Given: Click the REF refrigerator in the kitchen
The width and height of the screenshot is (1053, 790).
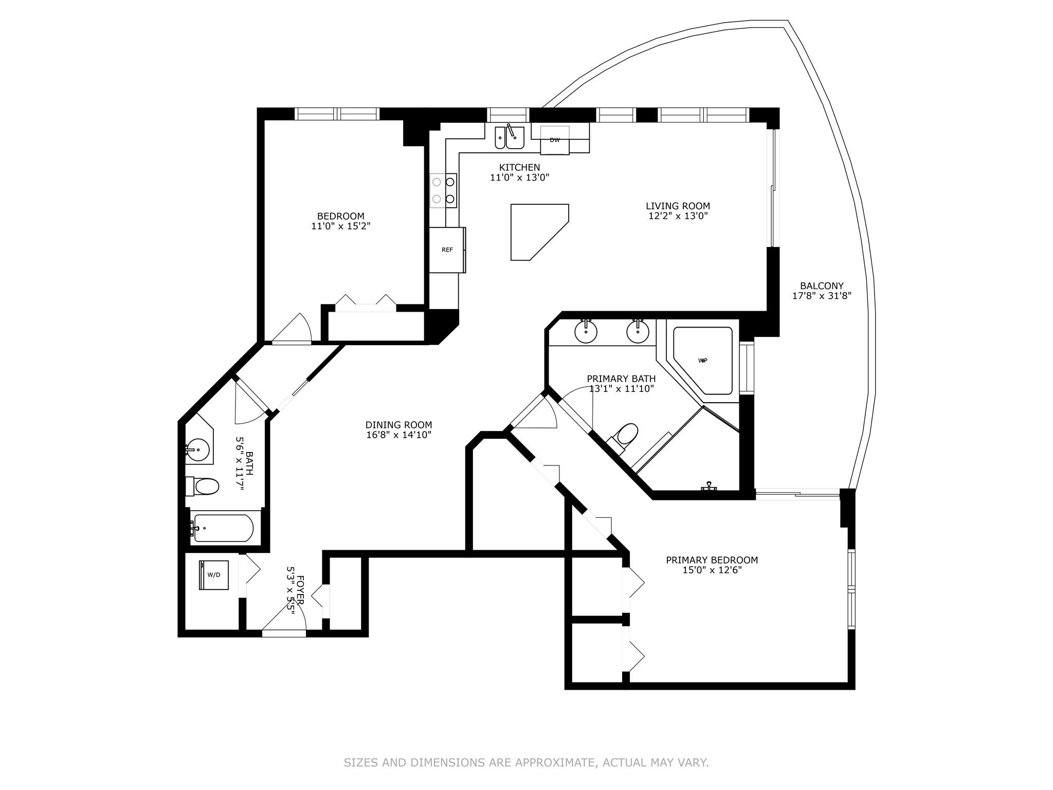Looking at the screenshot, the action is [447, 250].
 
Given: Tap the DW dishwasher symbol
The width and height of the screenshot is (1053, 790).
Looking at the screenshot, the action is [555, 140].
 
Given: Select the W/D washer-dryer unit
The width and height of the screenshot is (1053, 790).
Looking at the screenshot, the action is [214, 574].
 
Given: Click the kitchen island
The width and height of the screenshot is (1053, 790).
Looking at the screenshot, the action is [540, 232].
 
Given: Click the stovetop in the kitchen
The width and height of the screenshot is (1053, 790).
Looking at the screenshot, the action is [444, 190].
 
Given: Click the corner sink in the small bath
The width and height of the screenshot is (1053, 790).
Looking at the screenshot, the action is [197, 451].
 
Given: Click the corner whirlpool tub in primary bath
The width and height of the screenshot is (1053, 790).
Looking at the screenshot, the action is [702, 361].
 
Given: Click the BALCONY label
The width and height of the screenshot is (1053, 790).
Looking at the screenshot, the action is [822, 286].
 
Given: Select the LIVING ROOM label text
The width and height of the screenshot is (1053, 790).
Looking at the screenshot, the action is [678, 206].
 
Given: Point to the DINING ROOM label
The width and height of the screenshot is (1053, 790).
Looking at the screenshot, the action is [398, 425].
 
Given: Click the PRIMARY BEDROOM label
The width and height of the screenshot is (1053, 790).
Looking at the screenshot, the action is [712, 560].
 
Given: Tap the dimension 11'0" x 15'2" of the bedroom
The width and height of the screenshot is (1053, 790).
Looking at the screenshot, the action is [341, 226].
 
